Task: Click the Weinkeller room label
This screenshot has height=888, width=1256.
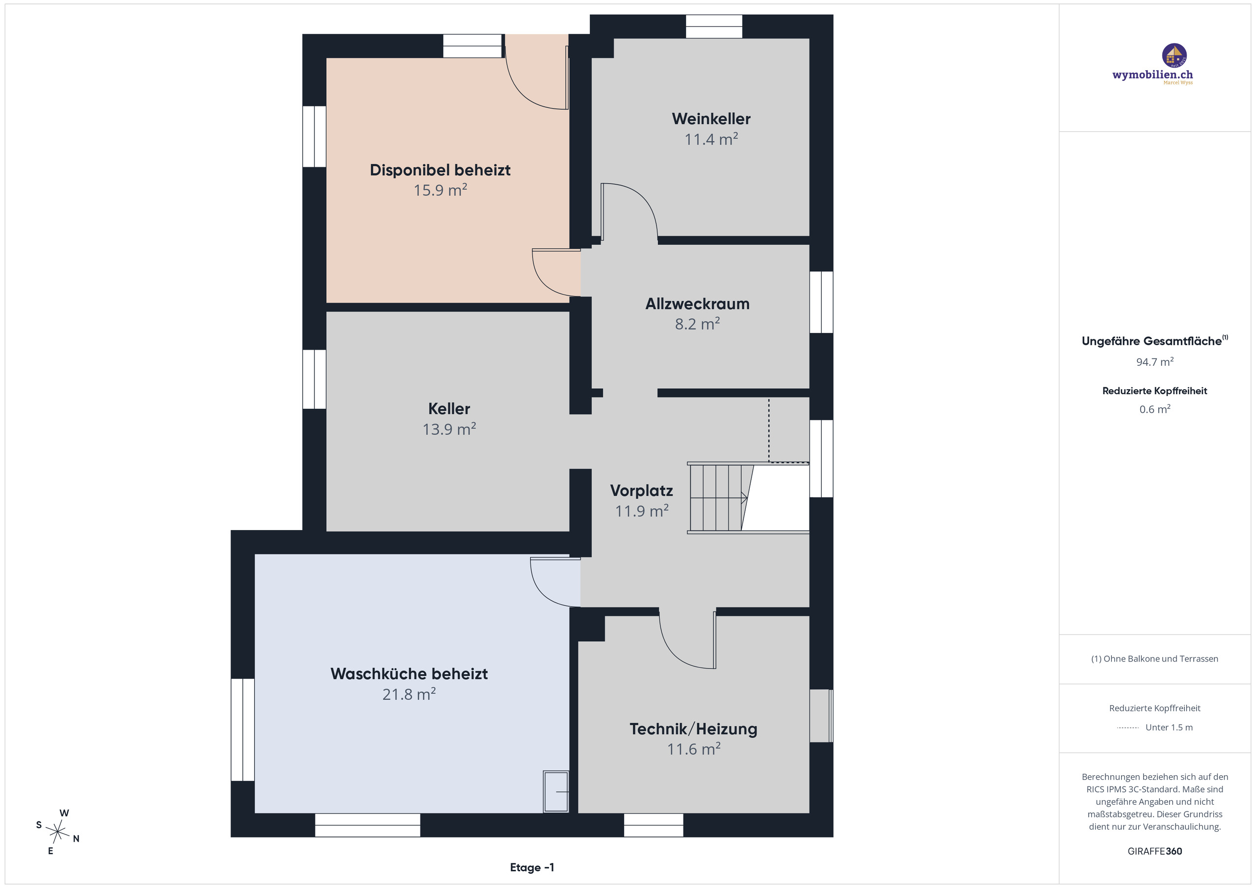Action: (x=711, y=119)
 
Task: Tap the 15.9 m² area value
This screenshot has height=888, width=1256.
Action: (x=441, y=190)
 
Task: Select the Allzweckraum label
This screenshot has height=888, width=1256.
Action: (x=698, y=304)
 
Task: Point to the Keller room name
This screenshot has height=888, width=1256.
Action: (x=449, y=409)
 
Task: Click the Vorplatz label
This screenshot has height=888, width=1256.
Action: (x=642, y=491)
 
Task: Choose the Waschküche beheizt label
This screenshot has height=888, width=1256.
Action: (x=409, y=674)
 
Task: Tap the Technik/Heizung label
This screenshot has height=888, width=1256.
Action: (x=694, y=729)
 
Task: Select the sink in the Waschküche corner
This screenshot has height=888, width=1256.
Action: (x=556, y=791)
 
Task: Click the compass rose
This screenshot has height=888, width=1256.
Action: (x=57, y=832)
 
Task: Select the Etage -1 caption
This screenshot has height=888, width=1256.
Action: (x=532, y=867)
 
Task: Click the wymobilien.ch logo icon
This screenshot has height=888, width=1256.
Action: (x=1174, y=55)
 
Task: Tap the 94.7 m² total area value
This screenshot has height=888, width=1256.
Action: (x=1155, y=362)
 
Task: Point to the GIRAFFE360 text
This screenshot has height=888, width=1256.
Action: (x=1155, y=851)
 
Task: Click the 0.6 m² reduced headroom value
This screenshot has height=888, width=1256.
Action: (x=1155, y=409)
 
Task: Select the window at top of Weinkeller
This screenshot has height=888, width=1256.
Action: (x=714, y=26)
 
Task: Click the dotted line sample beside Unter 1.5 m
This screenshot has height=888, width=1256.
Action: (x=1127, y=728)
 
